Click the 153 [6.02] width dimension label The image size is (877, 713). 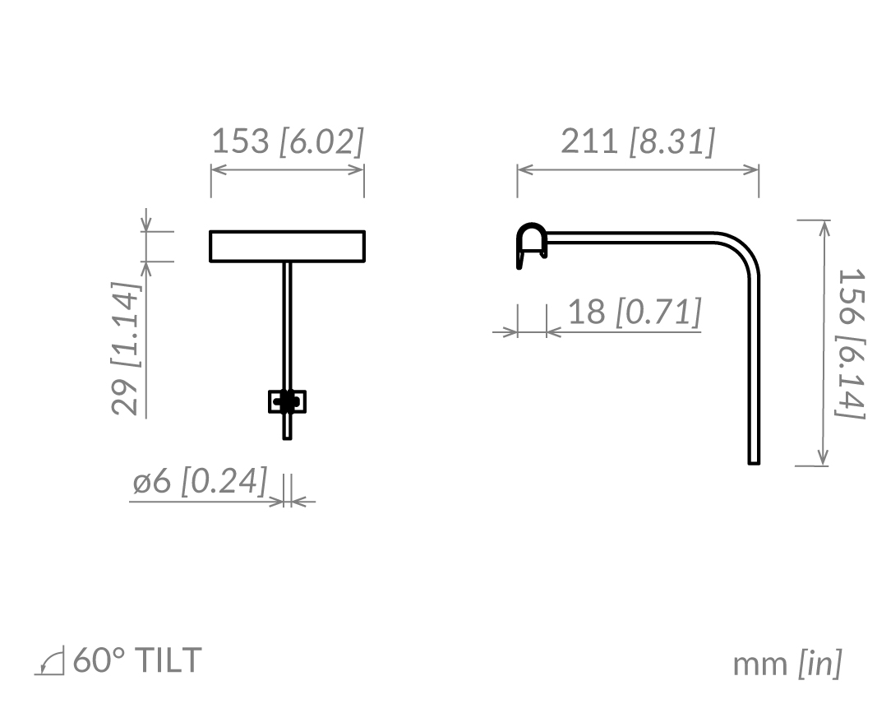[288, 141]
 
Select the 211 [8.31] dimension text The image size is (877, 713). [638, 141]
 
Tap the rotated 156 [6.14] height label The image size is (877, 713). [850, 343]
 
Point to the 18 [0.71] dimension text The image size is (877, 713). [635, 311]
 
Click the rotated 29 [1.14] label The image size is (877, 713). [125, 348]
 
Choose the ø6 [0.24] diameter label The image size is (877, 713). [200, 481]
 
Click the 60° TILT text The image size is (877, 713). [137, 660]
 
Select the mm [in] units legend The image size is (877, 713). [787, 664]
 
